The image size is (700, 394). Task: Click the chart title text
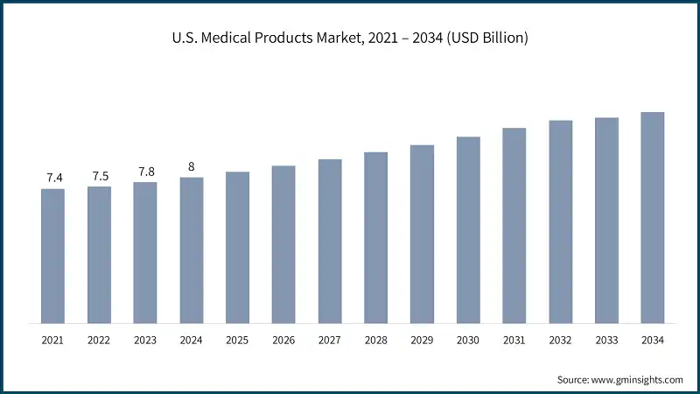point(350,39)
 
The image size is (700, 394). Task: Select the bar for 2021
point(52,255)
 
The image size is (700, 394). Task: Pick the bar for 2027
point(330,240)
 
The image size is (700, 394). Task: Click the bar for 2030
point(468,229)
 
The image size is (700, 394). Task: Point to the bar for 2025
point(237,246)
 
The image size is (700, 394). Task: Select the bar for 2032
point(561,221)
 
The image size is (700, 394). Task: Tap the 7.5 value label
point(99,176)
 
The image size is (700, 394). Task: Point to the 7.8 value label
point(145,172)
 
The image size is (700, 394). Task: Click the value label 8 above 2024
point(192,167)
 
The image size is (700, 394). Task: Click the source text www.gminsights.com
point(619,379)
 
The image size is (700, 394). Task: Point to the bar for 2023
point(145,251)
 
